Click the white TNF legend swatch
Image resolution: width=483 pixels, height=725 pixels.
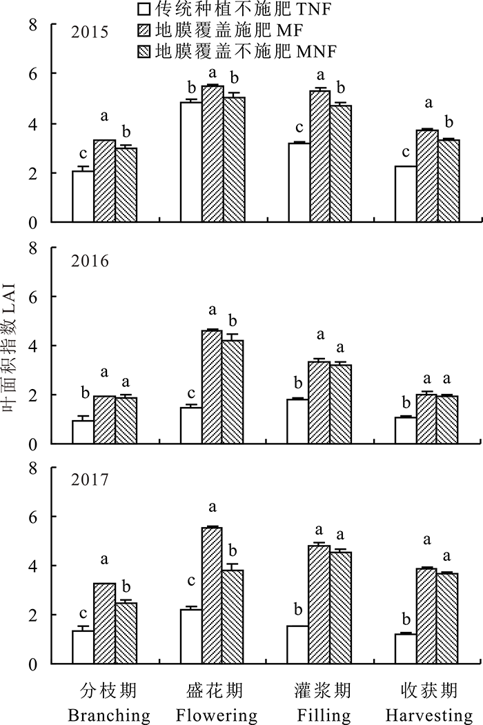[x=144, y=10]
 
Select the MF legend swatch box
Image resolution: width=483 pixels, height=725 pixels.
[x=144, y=30]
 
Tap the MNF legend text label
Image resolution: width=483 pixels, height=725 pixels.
[x=245, y=52]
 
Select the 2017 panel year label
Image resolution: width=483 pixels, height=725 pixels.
[x=92, y=479]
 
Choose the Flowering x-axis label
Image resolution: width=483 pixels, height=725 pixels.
[x=216, y=714]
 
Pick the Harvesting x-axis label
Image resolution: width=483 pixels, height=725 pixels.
[x=428, y=714]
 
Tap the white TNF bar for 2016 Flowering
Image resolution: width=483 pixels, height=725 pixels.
[x=191, y=425]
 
